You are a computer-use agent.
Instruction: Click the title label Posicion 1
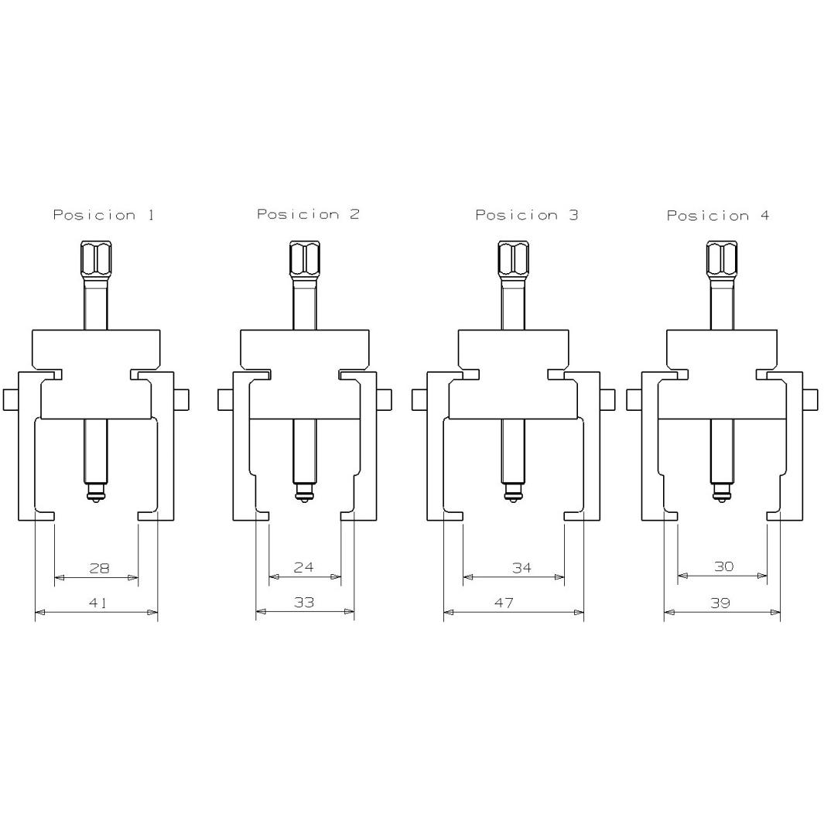103,215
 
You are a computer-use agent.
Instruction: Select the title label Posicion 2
308,214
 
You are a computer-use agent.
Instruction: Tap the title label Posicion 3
526,215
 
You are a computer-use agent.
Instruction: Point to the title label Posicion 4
718,216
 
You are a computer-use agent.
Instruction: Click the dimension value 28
99,568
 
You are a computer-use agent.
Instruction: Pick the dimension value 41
97,603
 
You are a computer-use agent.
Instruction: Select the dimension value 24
304,567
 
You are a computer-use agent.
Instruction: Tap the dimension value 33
304,602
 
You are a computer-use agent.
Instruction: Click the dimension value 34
521,567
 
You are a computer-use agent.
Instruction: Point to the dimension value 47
504,603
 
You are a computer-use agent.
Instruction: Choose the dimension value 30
723,566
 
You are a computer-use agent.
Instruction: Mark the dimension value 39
720,603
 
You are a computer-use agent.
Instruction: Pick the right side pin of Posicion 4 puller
810,399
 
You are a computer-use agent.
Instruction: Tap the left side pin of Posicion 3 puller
419,399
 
